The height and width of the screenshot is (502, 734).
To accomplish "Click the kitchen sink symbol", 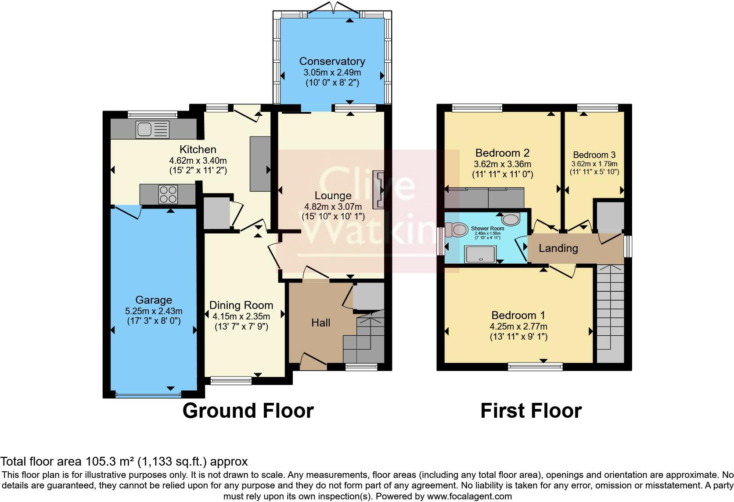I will click(x=152, y=129).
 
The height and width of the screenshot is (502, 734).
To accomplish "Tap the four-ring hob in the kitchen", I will click(x=168, y=194).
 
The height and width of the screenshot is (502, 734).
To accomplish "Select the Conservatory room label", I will click(x=332, y=61).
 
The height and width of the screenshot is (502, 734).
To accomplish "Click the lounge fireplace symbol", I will click(x=378, y=190).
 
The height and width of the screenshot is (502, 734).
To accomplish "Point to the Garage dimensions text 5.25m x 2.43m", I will click(x=154, y=311).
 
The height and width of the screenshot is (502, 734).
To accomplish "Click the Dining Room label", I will click(x=241, y=305).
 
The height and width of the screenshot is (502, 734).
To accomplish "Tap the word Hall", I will click(x=320, y=323).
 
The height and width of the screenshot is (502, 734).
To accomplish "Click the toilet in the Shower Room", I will click(x=456, y=229).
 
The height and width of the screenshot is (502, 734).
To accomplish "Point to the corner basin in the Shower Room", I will click(x=511, y=219).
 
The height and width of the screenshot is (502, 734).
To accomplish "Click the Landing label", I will click(x=558, y=248).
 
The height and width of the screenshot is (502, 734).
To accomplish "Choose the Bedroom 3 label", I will click(x=594, y=155).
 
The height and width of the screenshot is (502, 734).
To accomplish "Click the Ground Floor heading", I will click(x=248, y=411).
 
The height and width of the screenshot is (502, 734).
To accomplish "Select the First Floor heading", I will click(x=531, y=411).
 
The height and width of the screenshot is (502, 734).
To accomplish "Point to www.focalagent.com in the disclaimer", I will click(x=469, y=497).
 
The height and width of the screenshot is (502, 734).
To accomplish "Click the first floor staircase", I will click(x=610, y=312).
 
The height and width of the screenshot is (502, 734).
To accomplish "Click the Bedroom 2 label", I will click(x=502, y=153).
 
